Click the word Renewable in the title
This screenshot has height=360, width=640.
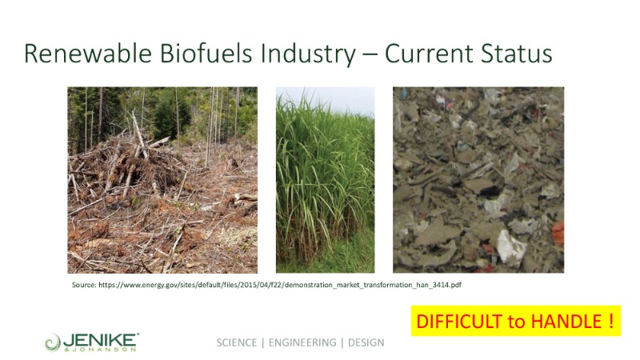88,54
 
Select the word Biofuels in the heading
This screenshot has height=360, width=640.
206,54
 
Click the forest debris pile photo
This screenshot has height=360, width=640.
162,180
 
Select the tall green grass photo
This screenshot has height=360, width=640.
326,180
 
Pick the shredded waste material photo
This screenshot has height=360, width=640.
478,180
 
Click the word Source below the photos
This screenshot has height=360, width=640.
84,285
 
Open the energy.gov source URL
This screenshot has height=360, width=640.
280,285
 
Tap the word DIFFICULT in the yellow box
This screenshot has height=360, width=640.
459,322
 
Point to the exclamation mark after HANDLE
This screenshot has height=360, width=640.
611,322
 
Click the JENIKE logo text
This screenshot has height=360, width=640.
101,339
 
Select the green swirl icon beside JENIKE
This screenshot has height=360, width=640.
53,342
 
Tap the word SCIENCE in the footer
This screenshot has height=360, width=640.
237,342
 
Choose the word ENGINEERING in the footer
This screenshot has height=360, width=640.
302,342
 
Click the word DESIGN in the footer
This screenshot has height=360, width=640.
366,342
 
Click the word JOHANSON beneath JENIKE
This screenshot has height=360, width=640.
104,350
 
